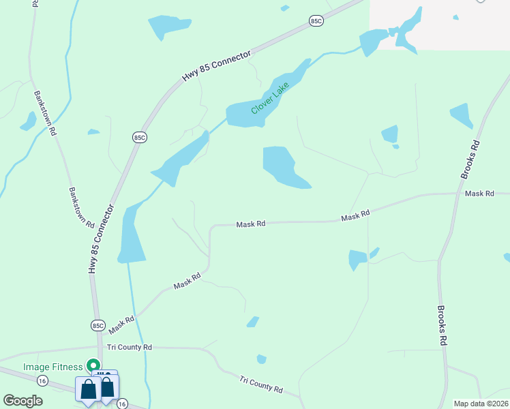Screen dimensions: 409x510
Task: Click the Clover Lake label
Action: (271, 97)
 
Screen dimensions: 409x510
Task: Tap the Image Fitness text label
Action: (52, 367)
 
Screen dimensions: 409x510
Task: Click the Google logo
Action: (23, 401)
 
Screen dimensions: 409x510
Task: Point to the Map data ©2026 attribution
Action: (481, 404)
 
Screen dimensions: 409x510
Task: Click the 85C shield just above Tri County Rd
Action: (98, 325)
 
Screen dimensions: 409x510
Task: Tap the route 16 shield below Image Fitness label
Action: (43, 380)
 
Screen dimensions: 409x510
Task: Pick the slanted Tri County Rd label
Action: (261, 384)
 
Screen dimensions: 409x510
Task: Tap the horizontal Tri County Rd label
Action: (129, 347)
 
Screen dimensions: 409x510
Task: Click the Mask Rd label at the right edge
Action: (479, 194)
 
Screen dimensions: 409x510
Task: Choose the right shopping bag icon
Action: (108, 388)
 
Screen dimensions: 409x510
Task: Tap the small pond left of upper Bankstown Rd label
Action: (29, 121)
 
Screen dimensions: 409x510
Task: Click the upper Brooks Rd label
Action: (470, 160)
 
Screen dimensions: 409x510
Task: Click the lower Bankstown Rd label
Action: (81, 207)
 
